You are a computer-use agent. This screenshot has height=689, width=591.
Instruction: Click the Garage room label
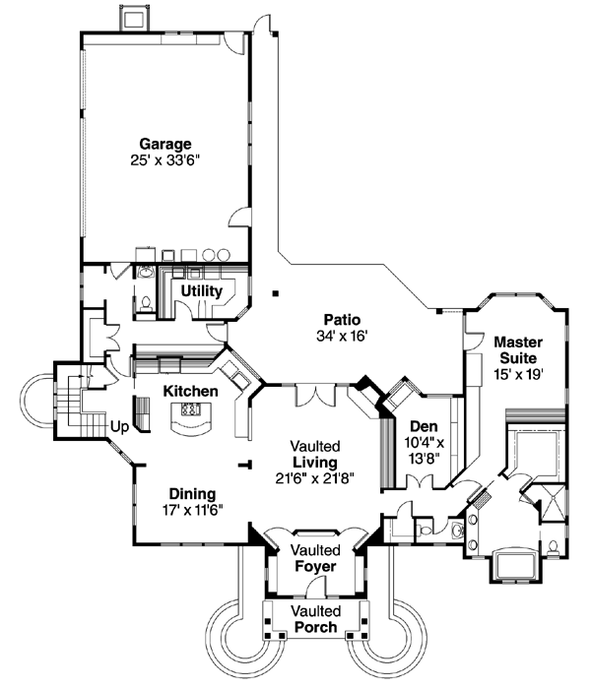click(164, 143)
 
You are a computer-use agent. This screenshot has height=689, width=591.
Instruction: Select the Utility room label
click(202, 292)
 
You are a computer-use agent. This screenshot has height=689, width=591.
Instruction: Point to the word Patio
click(343, 320)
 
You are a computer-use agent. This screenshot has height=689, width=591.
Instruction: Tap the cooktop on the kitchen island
click(191, 409)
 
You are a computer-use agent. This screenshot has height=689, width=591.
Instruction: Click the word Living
click(314, 462)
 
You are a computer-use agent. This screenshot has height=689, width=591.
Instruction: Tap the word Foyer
click(314, 567)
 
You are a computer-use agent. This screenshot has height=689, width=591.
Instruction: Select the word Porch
click(314, 627)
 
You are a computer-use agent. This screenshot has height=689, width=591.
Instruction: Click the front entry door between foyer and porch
click(315, 590)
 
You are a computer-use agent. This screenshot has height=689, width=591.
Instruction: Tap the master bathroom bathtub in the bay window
click(514, 565)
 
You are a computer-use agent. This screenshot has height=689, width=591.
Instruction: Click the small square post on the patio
click(277, 292)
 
